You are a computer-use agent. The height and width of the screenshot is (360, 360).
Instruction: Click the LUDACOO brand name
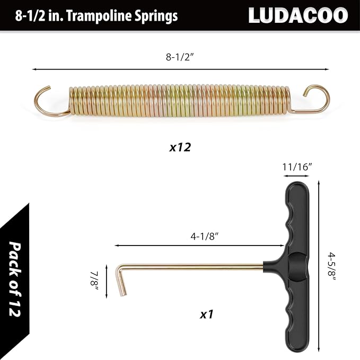point(298,15)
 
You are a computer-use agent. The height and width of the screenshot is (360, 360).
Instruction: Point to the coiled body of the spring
point(180,101)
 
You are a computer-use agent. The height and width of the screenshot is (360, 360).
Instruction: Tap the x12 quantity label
point(180,147)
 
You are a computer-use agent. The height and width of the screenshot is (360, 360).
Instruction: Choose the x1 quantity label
point(206,314)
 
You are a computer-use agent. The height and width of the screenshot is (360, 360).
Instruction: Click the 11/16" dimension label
point(297,166)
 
